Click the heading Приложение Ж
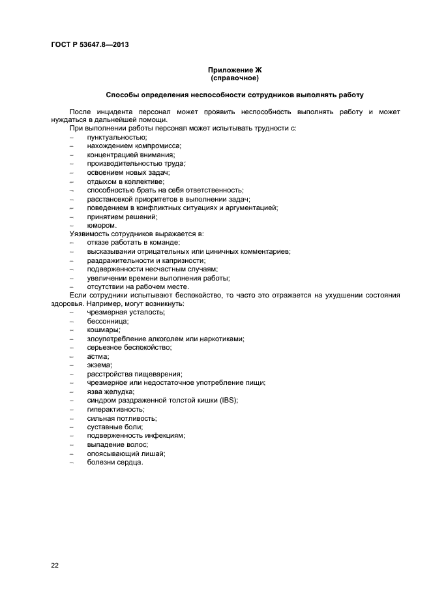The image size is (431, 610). pos(235,70)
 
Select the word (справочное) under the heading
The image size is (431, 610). pos(235,78)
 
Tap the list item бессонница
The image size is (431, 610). pos(108,321)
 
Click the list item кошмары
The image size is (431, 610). pos(104,330)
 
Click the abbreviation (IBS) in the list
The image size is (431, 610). pos(228,401)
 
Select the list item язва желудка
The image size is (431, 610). pos(110,391)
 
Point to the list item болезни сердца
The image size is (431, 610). pos(115,463)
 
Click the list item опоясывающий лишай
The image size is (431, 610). pos(126,453)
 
